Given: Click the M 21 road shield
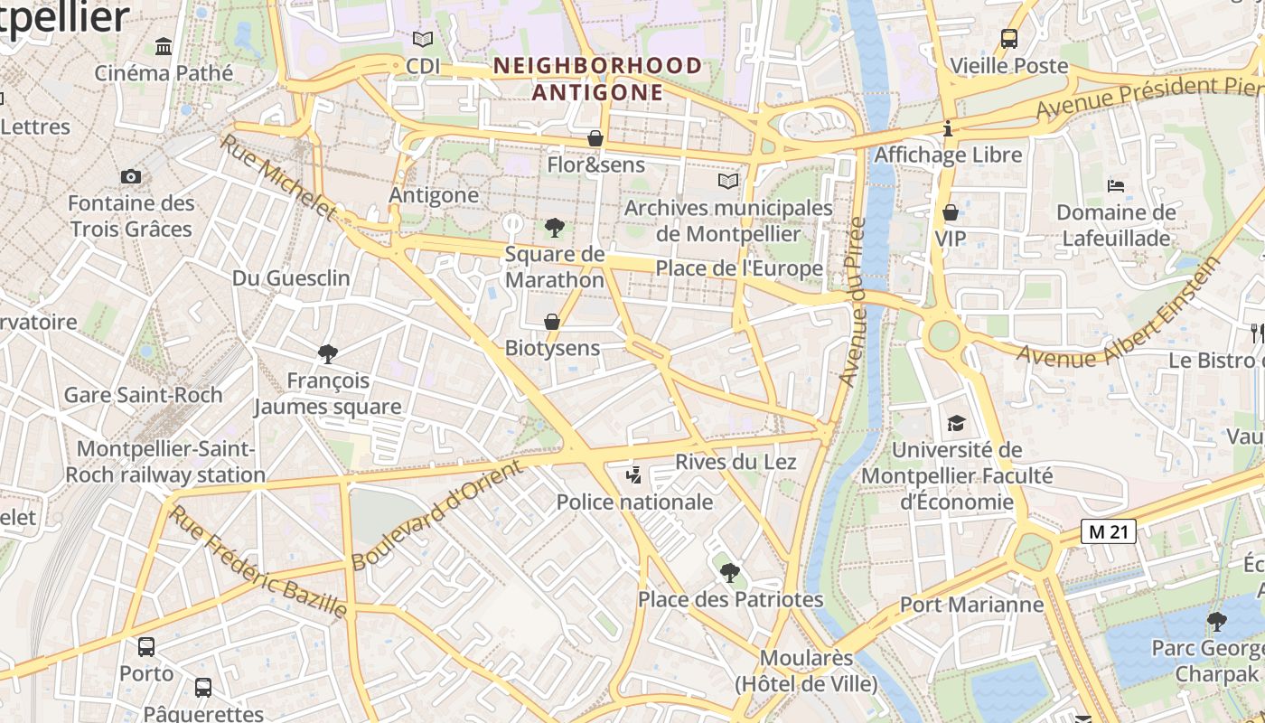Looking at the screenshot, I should [1108, 531].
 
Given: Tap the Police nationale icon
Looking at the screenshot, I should [634, 475].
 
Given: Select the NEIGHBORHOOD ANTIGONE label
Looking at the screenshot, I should [597, 79].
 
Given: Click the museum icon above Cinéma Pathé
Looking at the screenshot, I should [164, 45].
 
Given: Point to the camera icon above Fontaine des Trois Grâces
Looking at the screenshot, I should [131, 176].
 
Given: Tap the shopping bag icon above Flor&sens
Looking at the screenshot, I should [595, 138].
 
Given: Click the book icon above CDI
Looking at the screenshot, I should [422, 39].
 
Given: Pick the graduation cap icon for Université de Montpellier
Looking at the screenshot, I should [956, 423].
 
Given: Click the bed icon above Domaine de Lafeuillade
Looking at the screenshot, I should [1116, 186].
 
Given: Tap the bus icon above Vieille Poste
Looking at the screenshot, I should [1009, 39].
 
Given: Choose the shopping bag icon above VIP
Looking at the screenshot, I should [951, 212].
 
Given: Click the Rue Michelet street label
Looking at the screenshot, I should [278, 178].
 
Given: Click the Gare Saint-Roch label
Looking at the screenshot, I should [143, 395].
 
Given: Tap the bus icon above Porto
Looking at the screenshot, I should [146, 646].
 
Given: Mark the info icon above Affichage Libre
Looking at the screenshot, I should [947, 128].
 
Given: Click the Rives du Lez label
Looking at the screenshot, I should [736, 462].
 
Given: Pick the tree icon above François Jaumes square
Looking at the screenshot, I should [327, 353].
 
